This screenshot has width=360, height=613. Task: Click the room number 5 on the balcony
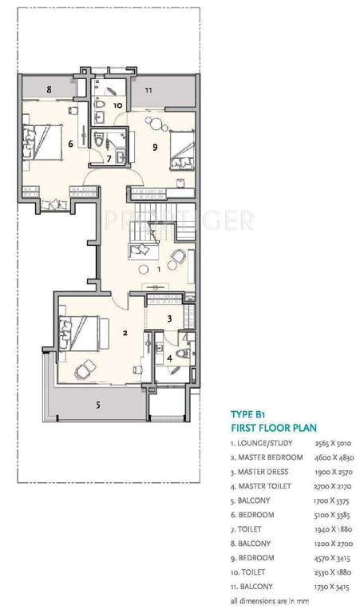coord(98,405)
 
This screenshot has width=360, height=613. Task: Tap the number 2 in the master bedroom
coord(125,332)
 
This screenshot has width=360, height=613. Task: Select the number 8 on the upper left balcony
coord(49,90)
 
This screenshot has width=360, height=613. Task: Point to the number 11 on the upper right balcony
coord(148,90)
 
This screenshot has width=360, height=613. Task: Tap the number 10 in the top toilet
coord(117,105)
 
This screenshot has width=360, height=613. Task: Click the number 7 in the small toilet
coord(110,158)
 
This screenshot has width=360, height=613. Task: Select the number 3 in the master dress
coord(169,318)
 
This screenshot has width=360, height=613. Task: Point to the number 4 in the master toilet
coord(169,358)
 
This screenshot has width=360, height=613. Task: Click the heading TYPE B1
coord(249,415)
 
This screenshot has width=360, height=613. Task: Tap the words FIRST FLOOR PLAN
coord(274,428)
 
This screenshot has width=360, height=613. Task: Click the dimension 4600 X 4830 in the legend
coord(338,457)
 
